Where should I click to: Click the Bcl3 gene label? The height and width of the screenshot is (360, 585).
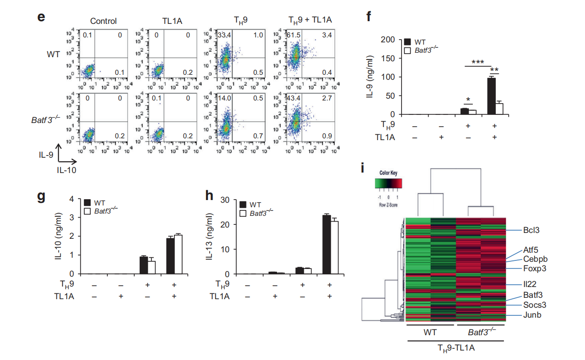click(531, 230)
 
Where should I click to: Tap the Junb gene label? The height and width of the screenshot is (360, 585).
click(532, 315)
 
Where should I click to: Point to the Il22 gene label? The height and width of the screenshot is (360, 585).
click(530, 285)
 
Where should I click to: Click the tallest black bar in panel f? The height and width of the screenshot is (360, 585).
click(491, 96)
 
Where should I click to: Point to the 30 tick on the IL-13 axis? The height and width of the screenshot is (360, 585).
click(226, 200)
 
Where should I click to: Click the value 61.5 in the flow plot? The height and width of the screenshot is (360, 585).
click(296, 34)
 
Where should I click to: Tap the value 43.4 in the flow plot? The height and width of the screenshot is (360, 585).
click(296, 98)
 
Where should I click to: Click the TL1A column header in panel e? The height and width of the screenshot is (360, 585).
click(173, 21)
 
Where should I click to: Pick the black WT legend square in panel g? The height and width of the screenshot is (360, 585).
click(87, 202)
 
